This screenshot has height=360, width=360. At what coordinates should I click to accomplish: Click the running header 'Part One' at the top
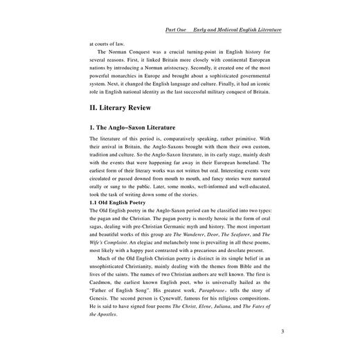click(181, 30)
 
